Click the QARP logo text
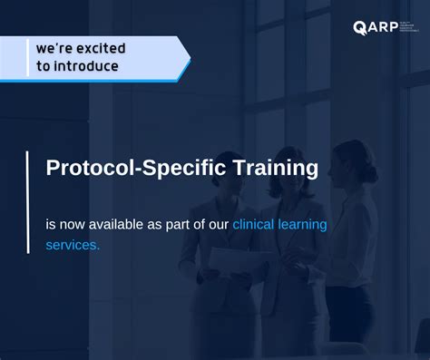point(372,27)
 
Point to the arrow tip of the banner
point(189,60)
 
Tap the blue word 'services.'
point(73,245)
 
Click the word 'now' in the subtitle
point(74,223)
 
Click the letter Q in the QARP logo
point(359,27)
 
